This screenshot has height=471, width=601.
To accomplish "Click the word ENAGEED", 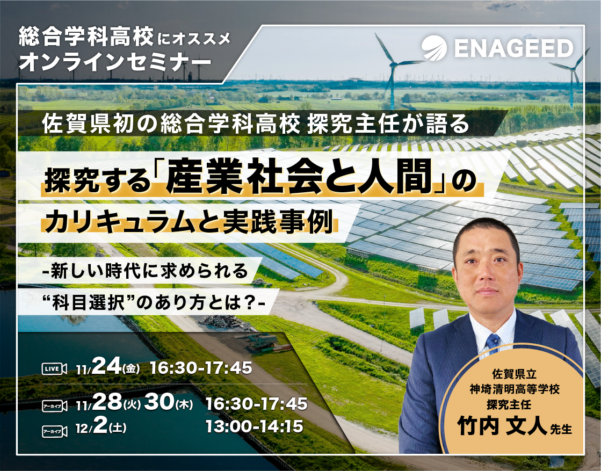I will [x=513, y=48].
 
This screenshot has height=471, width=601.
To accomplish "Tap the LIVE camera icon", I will [x=54, y=368].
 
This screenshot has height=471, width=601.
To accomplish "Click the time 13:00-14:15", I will [x=254, y=427].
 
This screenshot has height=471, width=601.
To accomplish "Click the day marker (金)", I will [x=131, y=369].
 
